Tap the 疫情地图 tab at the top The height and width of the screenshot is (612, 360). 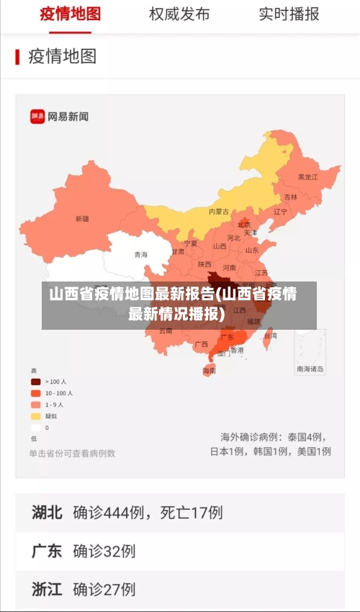[69, 14]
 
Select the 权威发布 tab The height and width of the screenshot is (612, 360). [179, 14]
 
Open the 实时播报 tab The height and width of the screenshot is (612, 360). [289, 14]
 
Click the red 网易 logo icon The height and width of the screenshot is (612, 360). [37, 116]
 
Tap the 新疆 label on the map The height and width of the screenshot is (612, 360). [82, 218]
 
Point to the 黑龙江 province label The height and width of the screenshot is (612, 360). [307, 176]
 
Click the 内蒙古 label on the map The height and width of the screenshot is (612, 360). [219, 212]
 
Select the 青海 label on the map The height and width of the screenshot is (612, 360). [141, 254]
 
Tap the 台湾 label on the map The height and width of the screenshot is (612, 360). [270, 336]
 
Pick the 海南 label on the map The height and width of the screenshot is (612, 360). [209, 371]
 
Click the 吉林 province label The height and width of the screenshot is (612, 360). [290, 197]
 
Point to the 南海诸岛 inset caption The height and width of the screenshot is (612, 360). [310, 369]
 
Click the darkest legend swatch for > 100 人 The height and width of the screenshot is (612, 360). [35, 381]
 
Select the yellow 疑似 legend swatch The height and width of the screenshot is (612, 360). [35, 415]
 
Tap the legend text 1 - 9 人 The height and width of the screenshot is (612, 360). [55, 405]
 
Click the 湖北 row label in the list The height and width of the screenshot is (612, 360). [47, 513]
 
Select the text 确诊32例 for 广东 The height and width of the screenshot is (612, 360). [104, 551]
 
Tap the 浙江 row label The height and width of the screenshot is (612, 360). [47, 589]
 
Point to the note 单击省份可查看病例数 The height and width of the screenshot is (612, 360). [72, 454]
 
